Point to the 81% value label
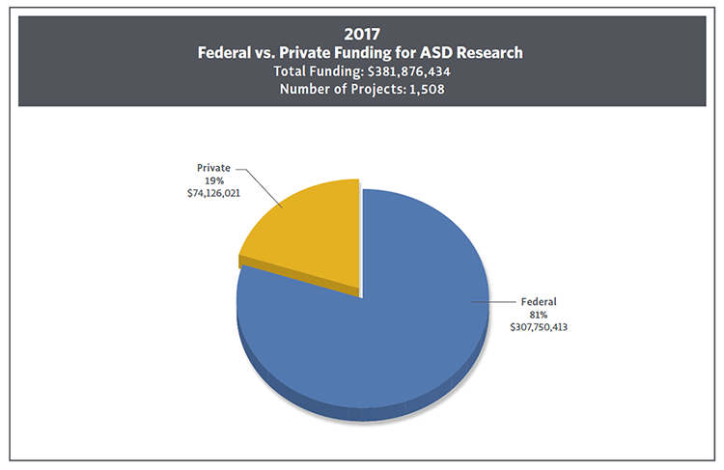coord(539,315)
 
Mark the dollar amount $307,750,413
coord(539,328)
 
